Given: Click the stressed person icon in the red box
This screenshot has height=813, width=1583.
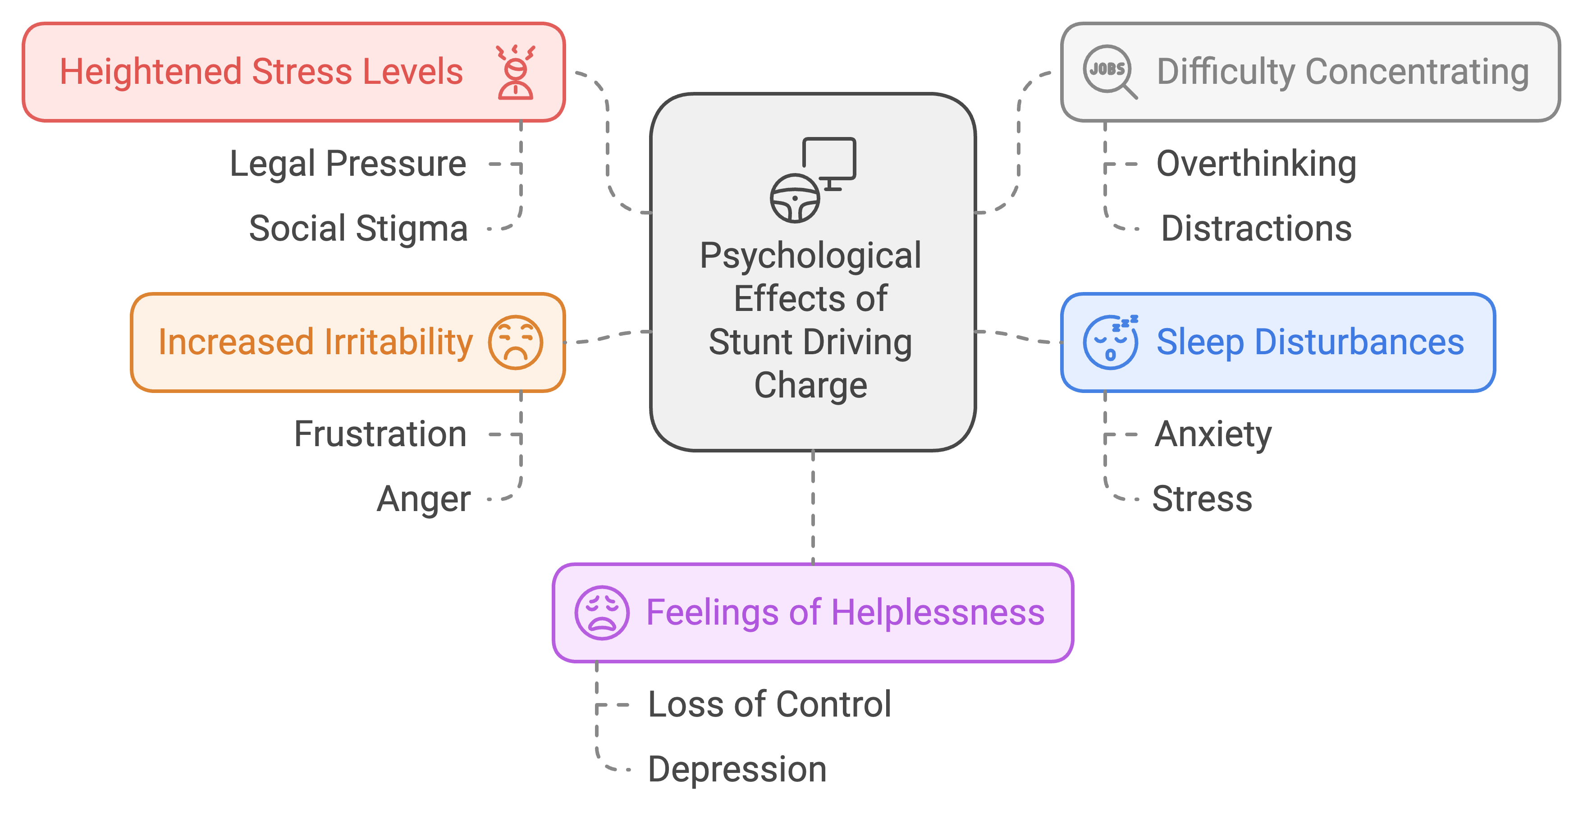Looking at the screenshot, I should [x=516, y=72].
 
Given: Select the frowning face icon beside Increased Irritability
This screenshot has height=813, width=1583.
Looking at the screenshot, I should [x=516, y=343].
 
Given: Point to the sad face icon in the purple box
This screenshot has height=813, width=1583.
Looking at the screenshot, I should [x=602, y=612].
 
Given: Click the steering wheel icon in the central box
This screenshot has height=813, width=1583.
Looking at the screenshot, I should [x=795, y=198].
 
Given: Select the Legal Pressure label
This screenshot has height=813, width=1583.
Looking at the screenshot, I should [x=348, y=164].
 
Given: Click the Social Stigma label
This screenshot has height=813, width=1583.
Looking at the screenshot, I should [x=358, y=228].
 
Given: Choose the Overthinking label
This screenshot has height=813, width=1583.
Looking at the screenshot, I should [x=1256, y=164].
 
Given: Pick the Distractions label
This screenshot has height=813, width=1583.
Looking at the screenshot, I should [x=1256, y=228].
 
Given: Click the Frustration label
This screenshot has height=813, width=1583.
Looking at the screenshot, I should [x=380, y=434].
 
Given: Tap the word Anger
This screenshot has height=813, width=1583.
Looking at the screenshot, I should [x=423, y=499].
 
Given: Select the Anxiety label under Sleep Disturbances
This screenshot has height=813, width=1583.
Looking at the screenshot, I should [x=1213, y=434].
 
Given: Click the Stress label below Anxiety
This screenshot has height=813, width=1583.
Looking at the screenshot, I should [x=1202, y=499].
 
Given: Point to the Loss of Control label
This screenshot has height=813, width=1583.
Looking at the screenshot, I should [x=769, y=704].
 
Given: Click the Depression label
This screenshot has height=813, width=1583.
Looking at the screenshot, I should [x=737, y=769].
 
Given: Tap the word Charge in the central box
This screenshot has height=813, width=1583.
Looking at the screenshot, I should [x=810, y=385].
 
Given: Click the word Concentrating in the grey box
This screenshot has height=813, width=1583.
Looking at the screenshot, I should [x=1417, y=72].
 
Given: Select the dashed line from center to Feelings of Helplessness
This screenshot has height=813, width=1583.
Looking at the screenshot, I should [x=813, y=507].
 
